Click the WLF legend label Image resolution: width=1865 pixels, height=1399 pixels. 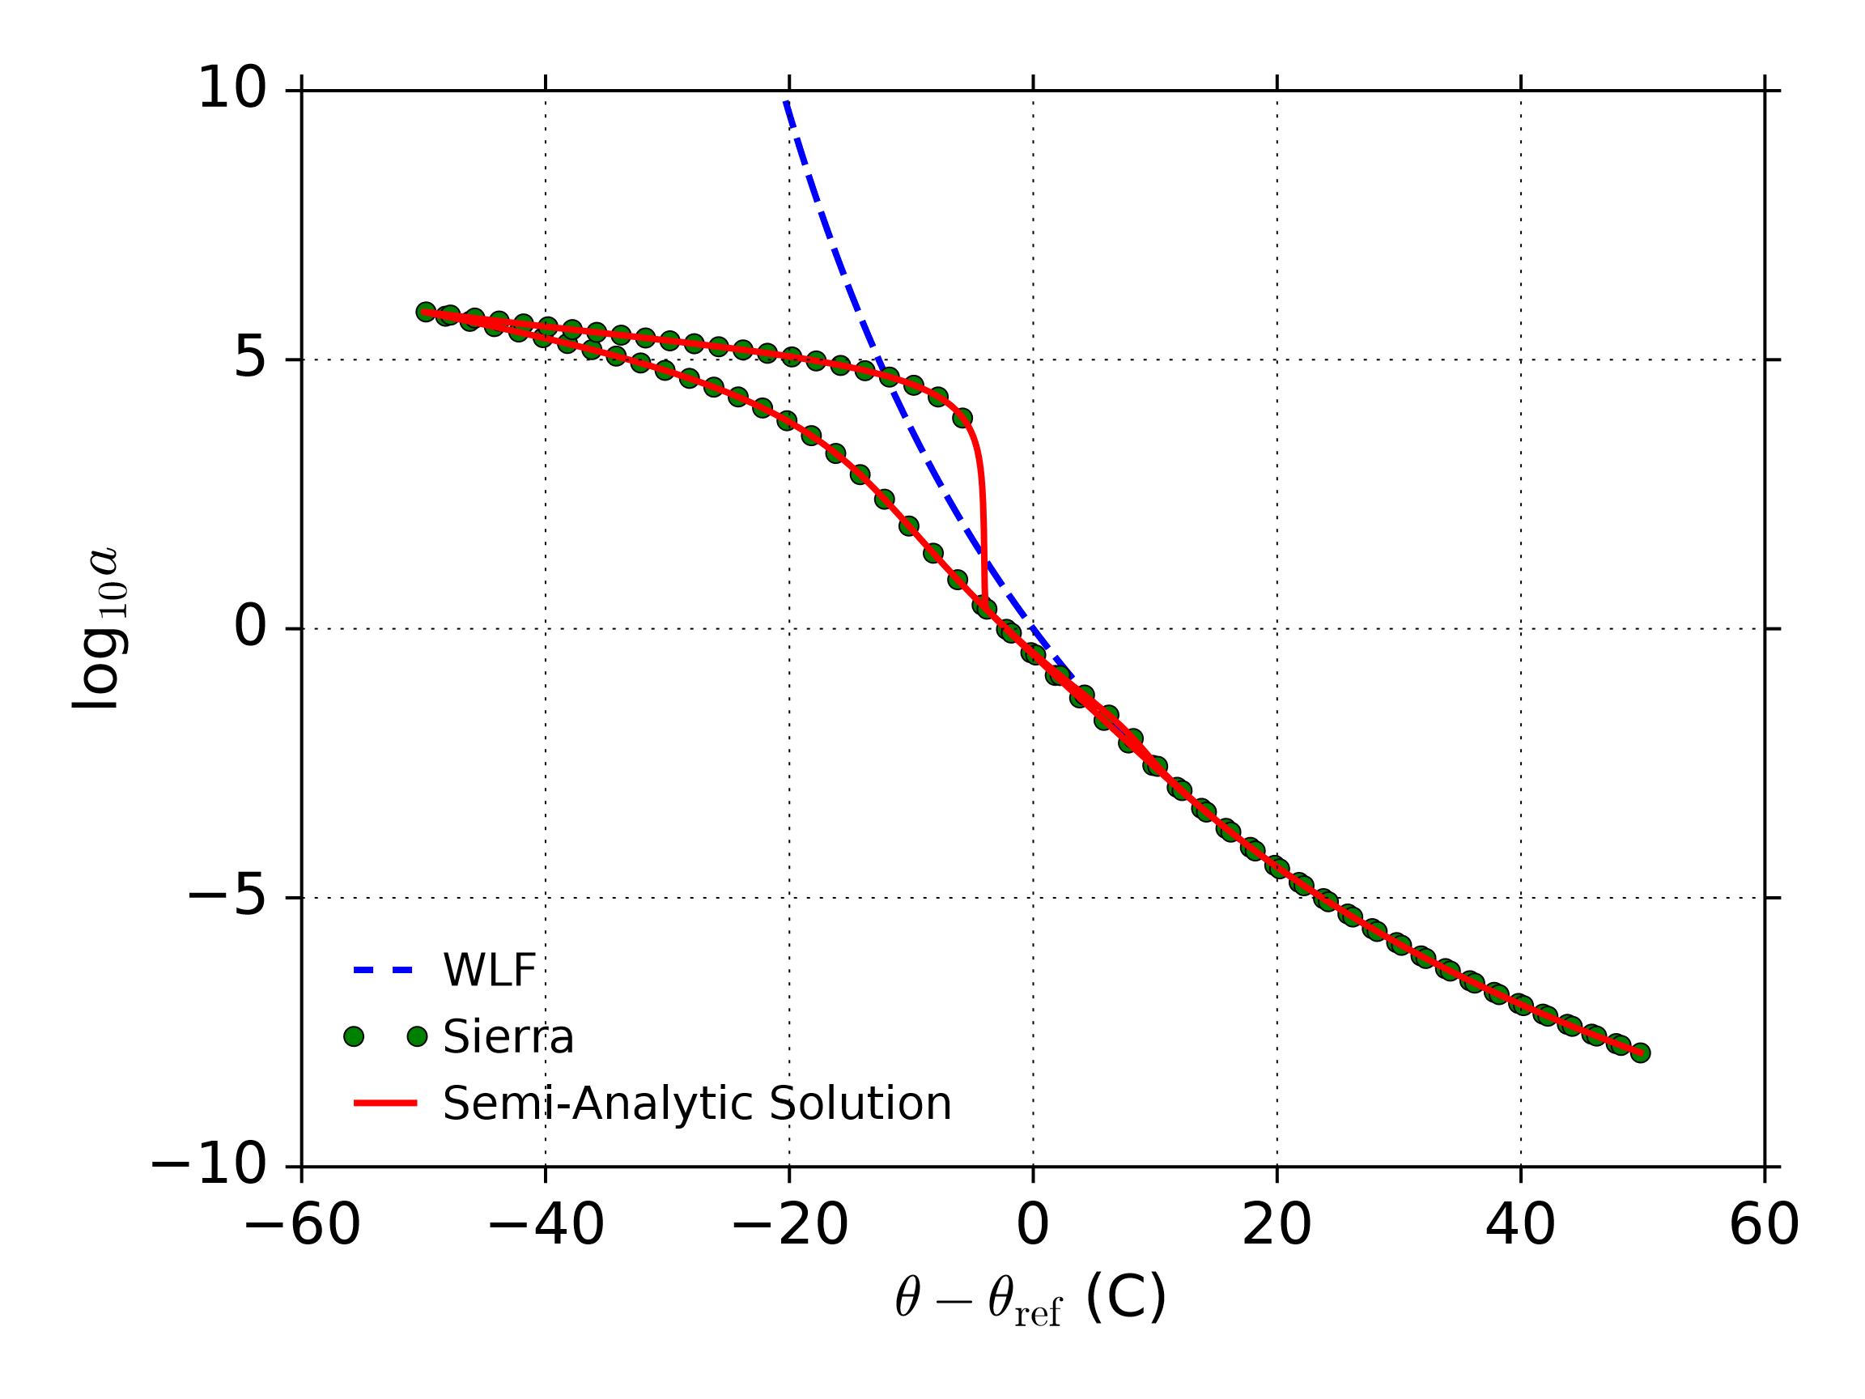pyautogui.click(x=489, y=970)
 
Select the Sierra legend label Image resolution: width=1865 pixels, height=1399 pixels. pyautogui.click(x=508, y=1036)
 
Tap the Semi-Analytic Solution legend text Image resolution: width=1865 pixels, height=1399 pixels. pyautogui.click(x=696, y=1103)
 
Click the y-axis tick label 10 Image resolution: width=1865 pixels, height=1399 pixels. pyautogui.click(x=232, y=87)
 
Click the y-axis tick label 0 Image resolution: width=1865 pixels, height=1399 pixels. pyautogui.click(x=250, y=627)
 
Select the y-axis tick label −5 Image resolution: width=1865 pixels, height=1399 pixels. pyautogui.click(x=227, y=896)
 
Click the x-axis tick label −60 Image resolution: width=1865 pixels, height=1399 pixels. pyautogui.click(x=302, y=1224)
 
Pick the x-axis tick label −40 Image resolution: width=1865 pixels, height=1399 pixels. pyautogui.click(x=546, y=1224)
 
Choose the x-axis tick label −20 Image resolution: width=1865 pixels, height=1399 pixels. pyautogui.click(x=789, y=1224)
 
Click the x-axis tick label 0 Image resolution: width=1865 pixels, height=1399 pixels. pyautogui.click(x=1033, y=1224)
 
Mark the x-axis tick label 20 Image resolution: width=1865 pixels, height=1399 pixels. pyautogui.click(x=1277, y=1224)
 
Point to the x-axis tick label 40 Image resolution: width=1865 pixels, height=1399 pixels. pyautogui.click(x=1520, y=1224)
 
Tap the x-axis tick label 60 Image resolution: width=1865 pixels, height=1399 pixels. pyautogui.click(x=1764, y=1224)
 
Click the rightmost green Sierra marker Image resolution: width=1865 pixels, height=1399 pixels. pyautogui.click(x=1640, y=1052)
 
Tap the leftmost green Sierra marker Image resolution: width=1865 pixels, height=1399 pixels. pyautogui.click(x=426, y=312)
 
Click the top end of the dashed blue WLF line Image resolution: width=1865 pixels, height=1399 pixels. pyautogui.click(x=787, y=102)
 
